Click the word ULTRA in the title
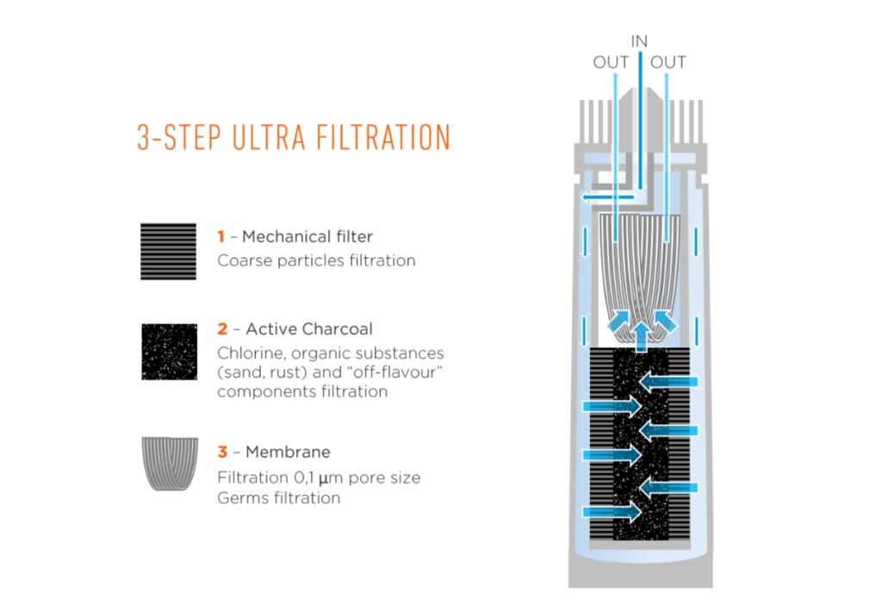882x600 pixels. pyautogui.click(x=269, y=137)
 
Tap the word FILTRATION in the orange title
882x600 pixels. pyautogui.click(x=383, y=137)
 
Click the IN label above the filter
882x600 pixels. pyautogui.click(x=640, y=41)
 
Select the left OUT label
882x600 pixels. pyautogui.click(x=611, y=62)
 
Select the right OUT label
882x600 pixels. pyautogui.click(x=668, y=62)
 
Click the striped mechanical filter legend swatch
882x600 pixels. pyautogui.click(x=168, y=252)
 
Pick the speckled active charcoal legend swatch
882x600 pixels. pyautogui.click(x=170, y=352)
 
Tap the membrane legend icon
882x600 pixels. pyautogui.click(x=170, y=464)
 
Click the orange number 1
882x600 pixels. pyautogui.click(x=221, y=236)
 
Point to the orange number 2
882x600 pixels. pyautogui.click(x=223, y=328)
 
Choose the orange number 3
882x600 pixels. pyautogui.click(x=223, y=452)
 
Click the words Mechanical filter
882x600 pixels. pyautogui.click(x=307, y=236)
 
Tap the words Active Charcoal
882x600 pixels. pyautogui.click(x=309, y=328)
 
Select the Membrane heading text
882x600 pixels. pyautogui.click(x=288, y=452)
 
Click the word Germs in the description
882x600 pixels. pyautogui.click(x=243, y=498)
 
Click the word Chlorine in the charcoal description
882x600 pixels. pyautogui.click(x=252, y=353)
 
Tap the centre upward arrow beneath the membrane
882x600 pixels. pyautogui.click(x=641, y=336)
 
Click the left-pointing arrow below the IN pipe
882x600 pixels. pyautogui.click(x=608, y=197)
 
